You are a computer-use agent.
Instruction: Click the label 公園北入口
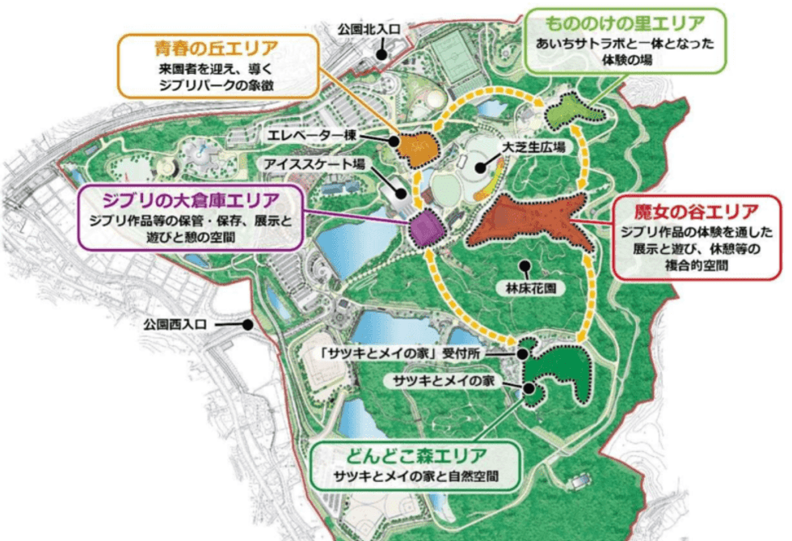point(369,29)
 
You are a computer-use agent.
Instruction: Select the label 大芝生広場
point(533,147)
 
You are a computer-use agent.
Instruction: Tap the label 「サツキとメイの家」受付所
point(413,353)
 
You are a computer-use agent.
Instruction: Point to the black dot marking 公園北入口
point(382,54)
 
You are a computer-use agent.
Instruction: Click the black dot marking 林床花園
point(525,262)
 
